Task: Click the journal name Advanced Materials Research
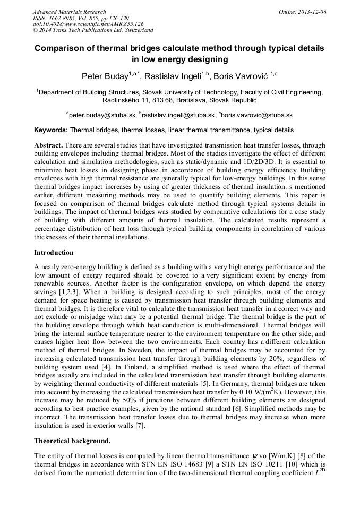(x=70, y=12)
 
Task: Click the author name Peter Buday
(x=105, y=77)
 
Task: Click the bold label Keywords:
(x=51, y=130)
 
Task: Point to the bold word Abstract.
(x=49, y=145)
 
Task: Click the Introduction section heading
(x=54, y=253)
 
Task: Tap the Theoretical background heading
(x=72, y=441)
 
